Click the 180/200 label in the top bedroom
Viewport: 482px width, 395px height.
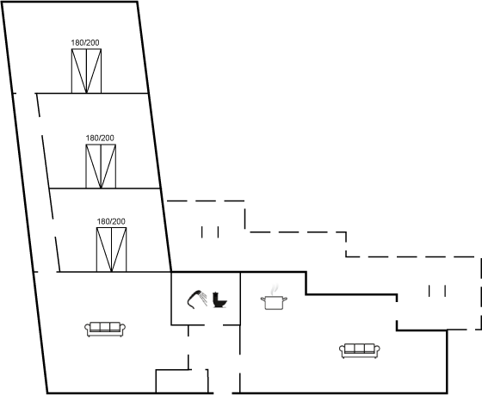[85, 43]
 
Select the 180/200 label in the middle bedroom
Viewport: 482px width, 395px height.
[100, 138]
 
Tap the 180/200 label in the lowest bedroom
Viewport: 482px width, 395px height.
[111, 221]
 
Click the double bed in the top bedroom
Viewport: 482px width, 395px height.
[86, 71]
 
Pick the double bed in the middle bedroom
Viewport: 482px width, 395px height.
[101, 166]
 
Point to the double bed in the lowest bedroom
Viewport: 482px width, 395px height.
[111, 250]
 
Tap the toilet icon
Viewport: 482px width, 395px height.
[219, 300]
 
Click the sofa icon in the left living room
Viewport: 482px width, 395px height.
[105, 330]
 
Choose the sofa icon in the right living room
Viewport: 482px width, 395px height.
[360, 351]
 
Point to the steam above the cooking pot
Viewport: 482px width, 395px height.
[274, 289]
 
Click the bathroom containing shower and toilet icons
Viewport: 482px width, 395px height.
[206, 298]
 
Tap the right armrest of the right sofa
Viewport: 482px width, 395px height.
[377, 351]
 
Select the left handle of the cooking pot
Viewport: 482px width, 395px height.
[263, 299]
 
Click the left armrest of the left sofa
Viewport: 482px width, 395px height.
[88, 330]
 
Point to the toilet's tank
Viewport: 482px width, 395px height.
[216, 297]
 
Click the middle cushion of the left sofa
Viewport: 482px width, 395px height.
[105, 326]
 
